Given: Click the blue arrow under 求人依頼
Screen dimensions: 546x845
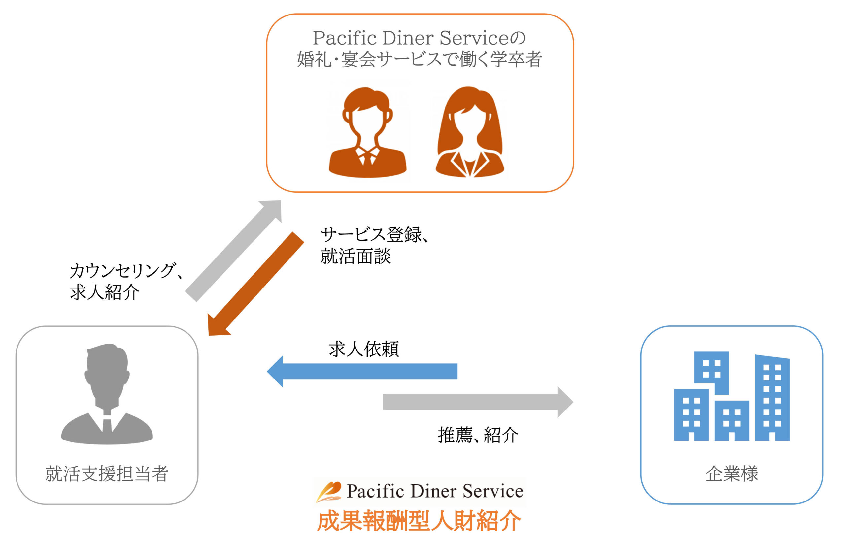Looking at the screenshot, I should coord(362,371).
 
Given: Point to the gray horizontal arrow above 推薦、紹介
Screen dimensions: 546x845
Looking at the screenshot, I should coord(477,402).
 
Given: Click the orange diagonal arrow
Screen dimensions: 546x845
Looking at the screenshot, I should coord(255,284).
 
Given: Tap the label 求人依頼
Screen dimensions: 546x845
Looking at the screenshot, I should coord(363,349).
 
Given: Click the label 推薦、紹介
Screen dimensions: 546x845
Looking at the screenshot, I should coord(477,435).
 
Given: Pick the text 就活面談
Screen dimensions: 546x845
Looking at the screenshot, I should coord(355,256).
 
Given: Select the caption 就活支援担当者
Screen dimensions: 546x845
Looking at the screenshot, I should coord(107,474).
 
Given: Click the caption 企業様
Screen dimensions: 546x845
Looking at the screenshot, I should coord(731,474).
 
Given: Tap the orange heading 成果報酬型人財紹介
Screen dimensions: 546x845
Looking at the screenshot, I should coord(419,521).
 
